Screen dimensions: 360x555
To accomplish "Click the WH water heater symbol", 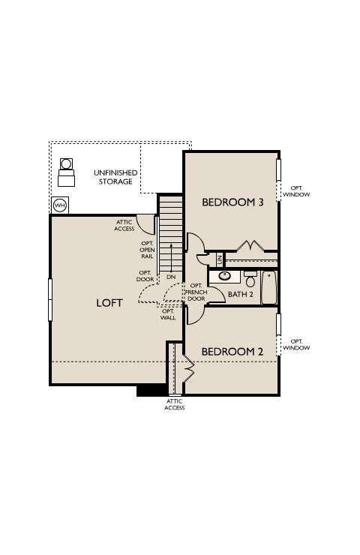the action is point(60,205).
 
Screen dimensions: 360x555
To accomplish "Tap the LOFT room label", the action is point(109,303).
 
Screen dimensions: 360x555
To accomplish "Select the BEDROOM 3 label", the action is point(232,202).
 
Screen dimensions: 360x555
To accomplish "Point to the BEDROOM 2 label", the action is point(232,352).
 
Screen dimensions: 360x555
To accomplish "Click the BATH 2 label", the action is point(241,294).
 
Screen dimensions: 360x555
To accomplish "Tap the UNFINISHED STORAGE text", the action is point(115,177).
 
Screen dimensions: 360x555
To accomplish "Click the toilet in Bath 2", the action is point(250,279).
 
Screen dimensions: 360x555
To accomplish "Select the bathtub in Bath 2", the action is point(268,287).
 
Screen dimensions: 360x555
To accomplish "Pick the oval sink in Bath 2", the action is point(224,276).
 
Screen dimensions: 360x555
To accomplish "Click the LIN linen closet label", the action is point(220,260).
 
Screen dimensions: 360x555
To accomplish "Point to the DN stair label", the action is point(171,277).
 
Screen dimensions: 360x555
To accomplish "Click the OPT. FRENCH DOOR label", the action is point(196,292).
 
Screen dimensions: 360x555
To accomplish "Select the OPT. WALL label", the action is point(168,314).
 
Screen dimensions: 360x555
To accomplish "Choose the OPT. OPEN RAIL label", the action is point(147,250).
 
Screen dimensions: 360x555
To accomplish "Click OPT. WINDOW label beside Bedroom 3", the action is point(296,191).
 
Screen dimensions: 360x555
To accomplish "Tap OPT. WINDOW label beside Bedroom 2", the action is point(296,344).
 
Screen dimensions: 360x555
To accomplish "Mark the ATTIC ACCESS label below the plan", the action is point(175,404).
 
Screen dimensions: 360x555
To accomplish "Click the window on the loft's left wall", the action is point(50,300).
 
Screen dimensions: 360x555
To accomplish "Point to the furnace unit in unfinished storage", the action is point(66,172).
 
